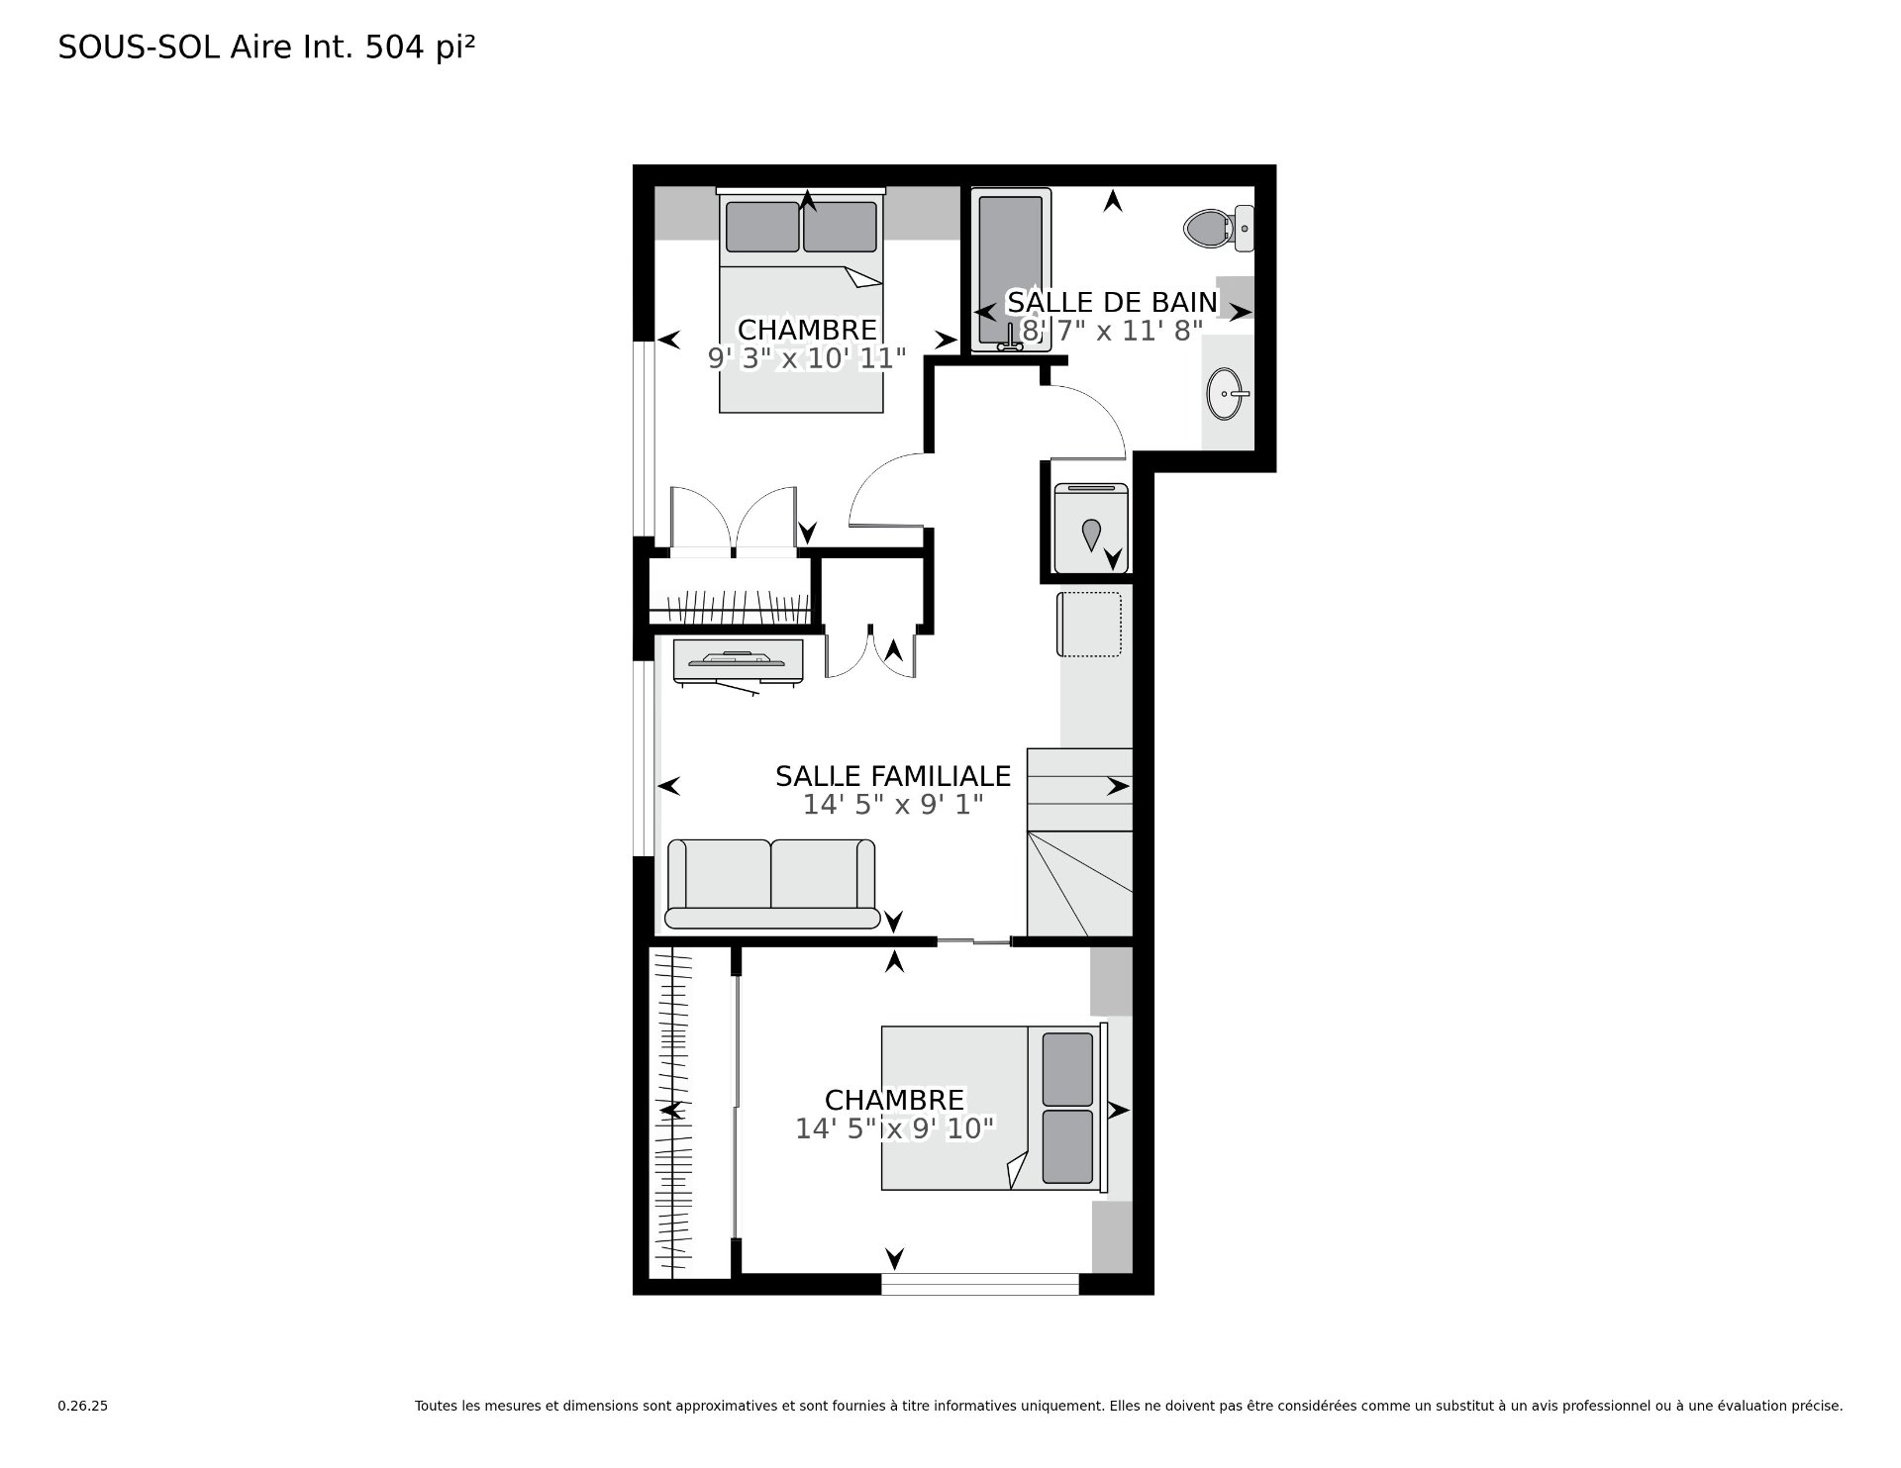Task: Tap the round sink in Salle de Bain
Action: (x=1228, y=394)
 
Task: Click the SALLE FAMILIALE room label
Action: (x=893, y=776)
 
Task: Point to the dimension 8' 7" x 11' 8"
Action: (x=1112, y=331)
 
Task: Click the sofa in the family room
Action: (x=771, y=884)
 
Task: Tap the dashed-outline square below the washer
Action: (x=1090, y=624)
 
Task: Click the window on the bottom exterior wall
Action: (x=979, y=1284)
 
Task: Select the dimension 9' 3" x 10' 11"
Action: (x=807, y=358)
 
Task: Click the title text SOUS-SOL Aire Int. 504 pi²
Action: (x=266, y=48)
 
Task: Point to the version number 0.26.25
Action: (x=82, y=1406)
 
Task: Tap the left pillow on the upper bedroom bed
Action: (x=762, y=227)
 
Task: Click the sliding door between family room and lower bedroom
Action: (x=974, y=940)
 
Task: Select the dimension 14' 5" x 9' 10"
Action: (x=894, y=1128)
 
